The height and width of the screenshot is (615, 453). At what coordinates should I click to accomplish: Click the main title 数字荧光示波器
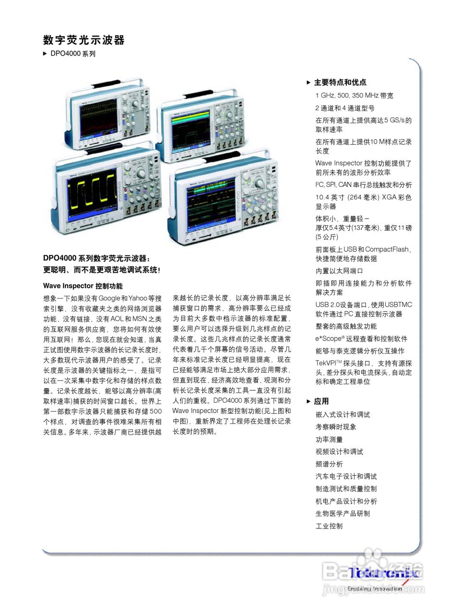(84, 40)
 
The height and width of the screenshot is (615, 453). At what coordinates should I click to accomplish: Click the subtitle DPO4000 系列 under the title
(73, 54)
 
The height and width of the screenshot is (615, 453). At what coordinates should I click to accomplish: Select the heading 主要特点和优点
(340, 82)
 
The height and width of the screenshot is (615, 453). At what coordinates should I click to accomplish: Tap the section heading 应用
(321, 401)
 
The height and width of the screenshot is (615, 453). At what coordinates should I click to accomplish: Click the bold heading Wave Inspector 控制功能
(83, 286)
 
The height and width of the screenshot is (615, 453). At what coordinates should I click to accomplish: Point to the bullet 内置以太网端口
(339, 271)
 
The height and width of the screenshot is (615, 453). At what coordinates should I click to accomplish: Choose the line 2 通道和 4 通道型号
(345, 108)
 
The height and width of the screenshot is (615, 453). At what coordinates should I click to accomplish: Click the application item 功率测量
(329, 439)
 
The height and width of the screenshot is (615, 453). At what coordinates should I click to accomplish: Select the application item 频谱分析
(329, 464)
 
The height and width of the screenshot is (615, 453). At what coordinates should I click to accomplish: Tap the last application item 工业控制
(329, 526)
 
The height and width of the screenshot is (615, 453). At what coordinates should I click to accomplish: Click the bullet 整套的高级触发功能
(346, 326)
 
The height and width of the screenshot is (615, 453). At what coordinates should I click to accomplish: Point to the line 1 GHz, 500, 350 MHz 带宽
(354, 96)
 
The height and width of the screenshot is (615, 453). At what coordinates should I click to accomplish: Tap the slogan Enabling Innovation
(375, 588)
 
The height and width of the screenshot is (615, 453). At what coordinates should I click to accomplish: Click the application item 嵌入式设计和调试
(343, 414)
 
